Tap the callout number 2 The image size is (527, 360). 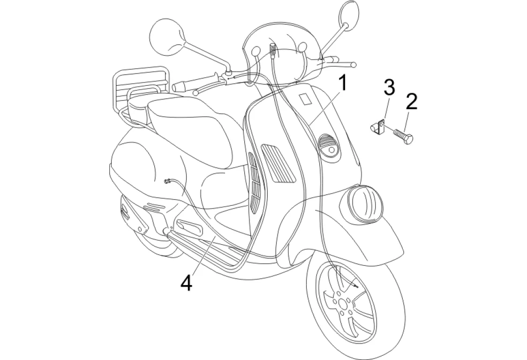[411, 102]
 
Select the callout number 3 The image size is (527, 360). [389, 87]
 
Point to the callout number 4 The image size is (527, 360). [187, 283]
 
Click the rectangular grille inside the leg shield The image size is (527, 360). [278, 163]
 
